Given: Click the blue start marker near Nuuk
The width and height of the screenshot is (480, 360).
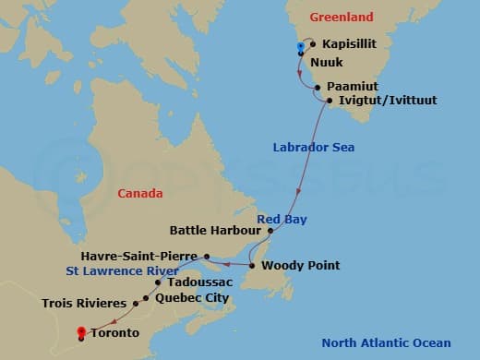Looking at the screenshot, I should point(300,46).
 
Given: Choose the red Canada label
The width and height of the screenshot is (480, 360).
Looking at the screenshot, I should point(140,194).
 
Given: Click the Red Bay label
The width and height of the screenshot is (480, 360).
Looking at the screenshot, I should point(282,219).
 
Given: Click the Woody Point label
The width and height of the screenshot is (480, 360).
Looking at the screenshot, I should point(300,266).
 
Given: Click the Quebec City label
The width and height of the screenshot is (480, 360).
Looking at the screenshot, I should point(192,298).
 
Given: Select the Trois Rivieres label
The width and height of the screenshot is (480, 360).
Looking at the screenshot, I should point(85,302).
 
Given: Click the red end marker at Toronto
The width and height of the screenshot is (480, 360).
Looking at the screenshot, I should point(81,332).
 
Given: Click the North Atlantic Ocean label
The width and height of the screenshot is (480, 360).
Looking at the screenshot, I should point(386,343).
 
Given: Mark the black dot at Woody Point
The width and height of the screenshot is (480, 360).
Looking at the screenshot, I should point(252,266).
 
